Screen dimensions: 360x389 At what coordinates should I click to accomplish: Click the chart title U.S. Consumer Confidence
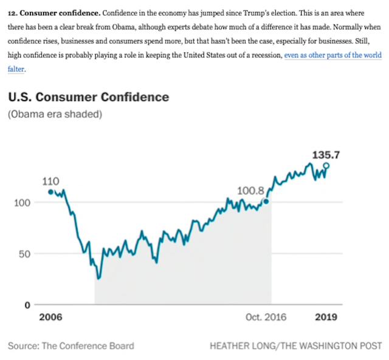[x=88, y=97]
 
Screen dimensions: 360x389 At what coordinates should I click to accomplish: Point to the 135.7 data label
[x=326, y=155]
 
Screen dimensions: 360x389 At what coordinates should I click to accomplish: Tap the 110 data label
[x=50, y=182]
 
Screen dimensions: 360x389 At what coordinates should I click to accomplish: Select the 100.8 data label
[x=250, y=192]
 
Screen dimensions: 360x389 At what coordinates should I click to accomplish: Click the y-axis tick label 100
[x=22, y=202]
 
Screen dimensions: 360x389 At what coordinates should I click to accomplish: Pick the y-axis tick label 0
[x=27, y=305]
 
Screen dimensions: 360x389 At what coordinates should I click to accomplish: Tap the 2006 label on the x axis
[x=50, y=318]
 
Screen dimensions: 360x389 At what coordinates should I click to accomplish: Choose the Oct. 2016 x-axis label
[x=266, y=318]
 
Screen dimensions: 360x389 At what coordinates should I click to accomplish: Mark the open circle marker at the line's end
[x=326, y=165]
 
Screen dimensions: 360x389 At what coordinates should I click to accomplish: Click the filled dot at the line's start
[x=50, y=192]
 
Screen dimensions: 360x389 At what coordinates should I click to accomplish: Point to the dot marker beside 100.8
[x=266, y=201]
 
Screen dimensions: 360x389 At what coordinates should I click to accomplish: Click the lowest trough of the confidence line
[x=98, y=278]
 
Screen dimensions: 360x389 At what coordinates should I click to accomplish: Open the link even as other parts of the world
[x=332, y=55]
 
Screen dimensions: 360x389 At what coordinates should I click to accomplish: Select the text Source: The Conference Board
[x=71, y=346]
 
